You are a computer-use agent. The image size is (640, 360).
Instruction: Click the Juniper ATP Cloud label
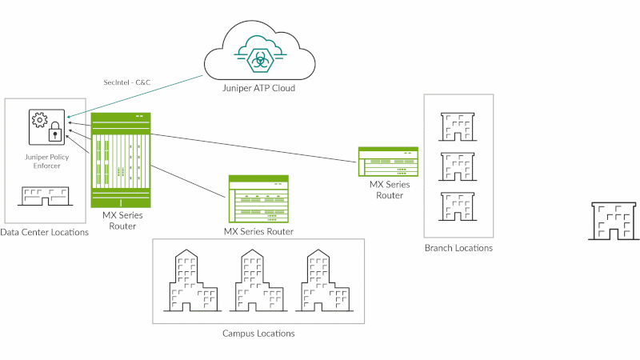(258, 88)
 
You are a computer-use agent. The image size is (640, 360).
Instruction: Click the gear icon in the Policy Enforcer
(40, 121)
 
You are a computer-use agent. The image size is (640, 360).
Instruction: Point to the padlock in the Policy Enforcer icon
(54, 132)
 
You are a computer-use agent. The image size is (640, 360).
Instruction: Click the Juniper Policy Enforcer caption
(47, 162)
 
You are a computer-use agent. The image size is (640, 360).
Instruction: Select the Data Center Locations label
(44, 232)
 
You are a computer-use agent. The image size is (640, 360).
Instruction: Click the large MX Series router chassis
(120, 160)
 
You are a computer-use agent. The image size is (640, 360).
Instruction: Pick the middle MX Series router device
(258, 198)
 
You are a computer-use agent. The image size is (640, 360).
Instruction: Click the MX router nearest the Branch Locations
(389, 162)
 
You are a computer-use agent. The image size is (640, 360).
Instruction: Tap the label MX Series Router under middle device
(258, 231)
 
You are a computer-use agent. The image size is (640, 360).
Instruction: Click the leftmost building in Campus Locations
(189, 281)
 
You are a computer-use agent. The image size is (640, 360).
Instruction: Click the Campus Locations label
(258, 333)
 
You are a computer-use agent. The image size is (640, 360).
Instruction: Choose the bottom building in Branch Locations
(458, 206)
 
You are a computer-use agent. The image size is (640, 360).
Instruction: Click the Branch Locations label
(458, 248)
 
